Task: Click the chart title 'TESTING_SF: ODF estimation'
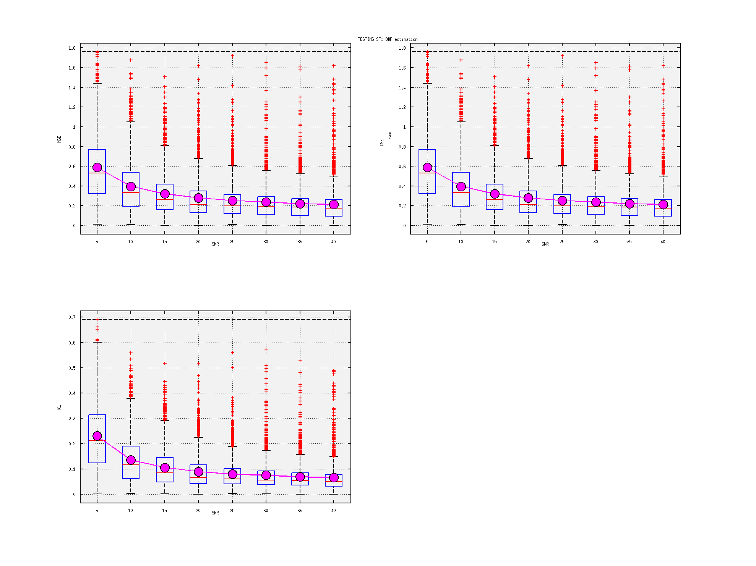(388, 39)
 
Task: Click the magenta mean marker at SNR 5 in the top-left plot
(97, 167)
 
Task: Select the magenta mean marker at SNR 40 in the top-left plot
(334, 204)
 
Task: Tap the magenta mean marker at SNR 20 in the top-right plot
(528, 198)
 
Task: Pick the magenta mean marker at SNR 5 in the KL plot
(97, 436)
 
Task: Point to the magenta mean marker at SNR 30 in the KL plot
(266, 475)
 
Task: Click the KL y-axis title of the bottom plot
(59, 408)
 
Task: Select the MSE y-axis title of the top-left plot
(59, 139)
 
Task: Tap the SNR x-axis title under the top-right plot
(545, 244)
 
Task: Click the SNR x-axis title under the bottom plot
(215, 513)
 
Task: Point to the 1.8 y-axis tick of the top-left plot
(72, 48)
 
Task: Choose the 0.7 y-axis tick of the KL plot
(72, 317)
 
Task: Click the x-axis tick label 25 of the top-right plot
(562, 242)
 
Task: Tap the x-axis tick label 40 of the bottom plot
(333, 511)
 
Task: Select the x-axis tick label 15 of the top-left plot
(164, 242)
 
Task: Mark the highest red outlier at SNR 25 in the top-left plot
(232, 56)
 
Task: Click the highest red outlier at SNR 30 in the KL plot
(266, 349)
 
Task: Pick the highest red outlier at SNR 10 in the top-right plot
(461, 60)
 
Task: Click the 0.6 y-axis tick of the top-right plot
(402, 167)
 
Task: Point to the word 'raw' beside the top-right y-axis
(389, 136)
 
